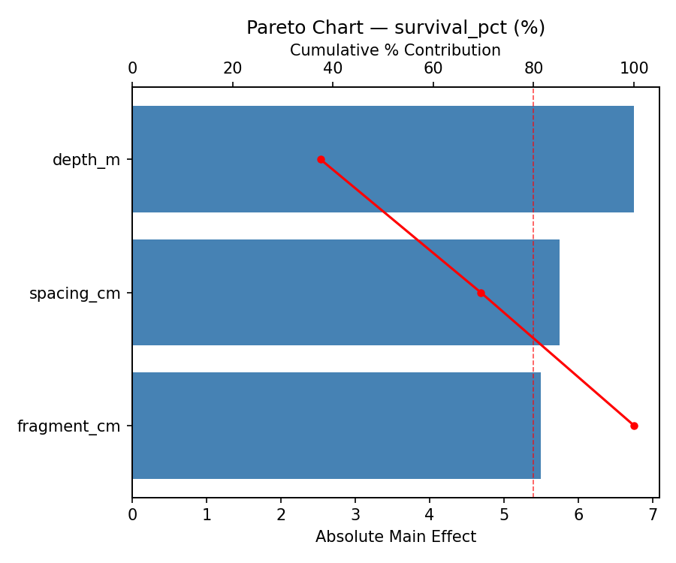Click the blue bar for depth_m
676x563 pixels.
click(x=383, y=159)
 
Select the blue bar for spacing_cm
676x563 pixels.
click(x=346, y=293)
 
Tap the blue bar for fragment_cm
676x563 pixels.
click(x=336, y=426)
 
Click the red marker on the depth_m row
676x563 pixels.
click(x=321, y=159)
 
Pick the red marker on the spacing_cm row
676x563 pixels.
click(x=481, y=293)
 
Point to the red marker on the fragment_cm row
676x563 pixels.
click(x=634, y=426)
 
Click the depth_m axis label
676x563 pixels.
click(x=86, y=160)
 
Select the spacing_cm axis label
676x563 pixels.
click(x=74, y=294)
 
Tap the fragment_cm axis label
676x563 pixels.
click(x=68, y=426)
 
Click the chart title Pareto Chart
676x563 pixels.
click(x=396, y=28)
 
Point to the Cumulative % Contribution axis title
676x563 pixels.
click(x=396, y=50)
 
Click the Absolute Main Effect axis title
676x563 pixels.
click(x=396, y=537)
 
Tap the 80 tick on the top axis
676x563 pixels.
click(x=533, y=69)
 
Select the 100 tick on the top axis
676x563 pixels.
click(x=634, y=69)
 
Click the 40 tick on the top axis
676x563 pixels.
click(x=333, y=69)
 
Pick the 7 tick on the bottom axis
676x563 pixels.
click(x=653, y=515)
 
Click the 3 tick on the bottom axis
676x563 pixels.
click(x=355, y=515)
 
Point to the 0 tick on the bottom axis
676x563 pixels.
click(x=132, y=515)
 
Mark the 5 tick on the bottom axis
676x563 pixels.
click(x=504, y=515)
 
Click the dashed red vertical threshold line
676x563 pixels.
click(x=533, y=225)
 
